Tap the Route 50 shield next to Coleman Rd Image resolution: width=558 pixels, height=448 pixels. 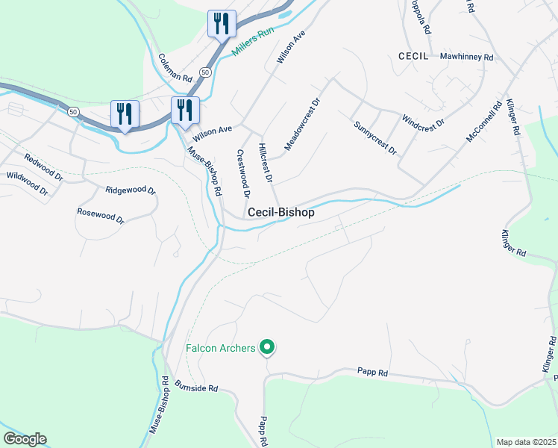click(x=205, y=72)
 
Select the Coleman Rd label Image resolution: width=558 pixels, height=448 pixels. click(x=175, y=68)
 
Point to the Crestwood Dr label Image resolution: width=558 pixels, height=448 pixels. click(x=242, y=173)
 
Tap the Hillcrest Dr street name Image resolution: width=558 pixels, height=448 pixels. click(x=266, y=163)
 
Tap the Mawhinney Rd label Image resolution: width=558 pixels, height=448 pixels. click(x=467, y=57)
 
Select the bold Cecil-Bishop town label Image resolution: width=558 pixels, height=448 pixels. click(x=280, y=213)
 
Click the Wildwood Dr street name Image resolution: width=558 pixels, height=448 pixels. click(x=27, y=184)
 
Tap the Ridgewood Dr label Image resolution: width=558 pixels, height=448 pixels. click(x=131, y=191)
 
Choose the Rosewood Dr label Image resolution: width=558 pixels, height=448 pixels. click(x=100, y=216)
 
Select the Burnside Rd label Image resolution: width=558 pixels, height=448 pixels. click(x=196, y=388)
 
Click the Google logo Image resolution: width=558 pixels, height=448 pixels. click(x=25, y=438)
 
